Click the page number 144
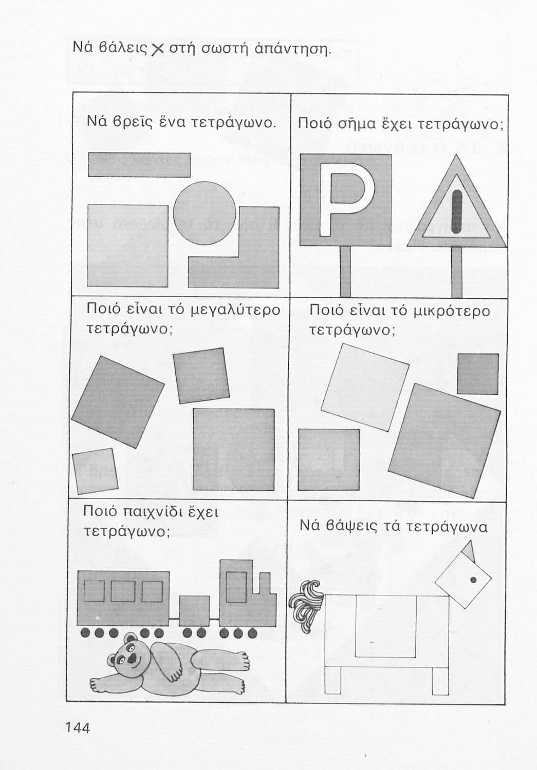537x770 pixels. (x=78, y=727)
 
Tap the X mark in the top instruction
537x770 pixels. (x=158, y=50)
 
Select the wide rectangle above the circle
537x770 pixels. (x=139, y=165)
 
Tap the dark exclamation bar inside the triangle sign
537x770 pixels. (x=457, y=212)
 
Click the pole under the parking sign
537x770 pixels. (x=345, y=272)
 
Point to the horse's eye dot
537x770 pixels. (x=473, y=580)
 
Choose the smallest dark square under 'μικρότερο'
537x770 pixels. (x=478, y=374)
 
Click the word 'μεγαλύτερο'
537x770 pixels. (x=235, y=311)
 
